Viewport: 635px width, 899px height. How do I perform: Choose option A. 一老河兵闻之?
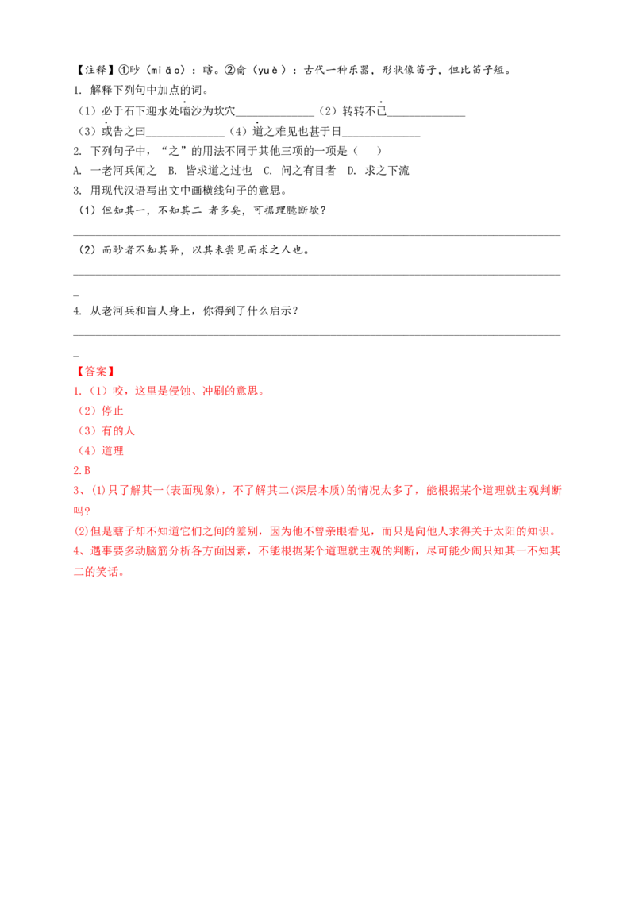pyautogui.click(x=114, y=170)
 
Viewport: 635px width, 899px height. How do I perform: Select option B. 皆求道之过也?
pyautogui.click(x=210, y=170)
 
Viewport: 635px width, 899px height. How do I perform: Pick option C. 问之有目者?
pyautogui.click(x=300, y=170)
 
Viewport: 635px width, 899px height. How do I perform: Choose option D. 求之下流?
pyautogui.click(x=379, y=170)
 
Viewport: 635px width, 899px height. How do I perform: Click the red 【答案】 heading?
pyautogui.click(x=95, y=372)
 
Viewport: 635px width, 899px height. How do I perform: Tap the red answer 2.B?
pyautogui.click(x=82, y=470)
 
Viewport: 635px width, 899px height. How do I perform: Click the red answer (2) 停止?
pyautogui.click(x=101, y=411)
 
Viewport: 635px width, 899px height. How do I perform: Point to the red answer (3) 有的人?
pyautogui.click(x=106, y=430)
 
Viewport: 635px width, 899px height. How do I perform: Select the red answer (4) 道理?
pyautogui.click(x=101, y=450)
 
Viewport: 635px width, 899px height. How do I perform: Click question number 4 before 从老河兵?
pyautogui.click(x=77, y=311)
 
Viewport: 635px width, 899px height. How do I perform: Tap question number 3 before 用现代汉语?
pyautogui.click(x=77, y=191)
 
